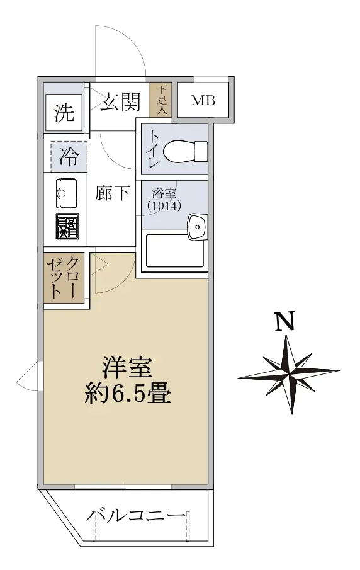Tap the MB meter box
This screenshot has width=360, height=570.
[203, 100]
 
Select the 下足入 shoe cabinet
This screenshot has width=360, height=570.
[160, 100]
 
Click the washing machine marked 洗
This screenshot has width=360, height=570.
[64, 113]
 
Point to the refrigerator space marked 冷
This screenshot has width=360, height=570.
[69, 156]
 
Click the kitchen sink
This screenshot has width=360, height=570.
[66, 193]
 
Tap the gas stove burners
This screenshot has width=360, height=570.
[67, 226]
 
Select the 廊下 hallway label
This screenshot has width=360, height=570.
[112, 193]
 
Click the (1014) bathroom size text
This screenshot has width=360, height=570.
[164, 206]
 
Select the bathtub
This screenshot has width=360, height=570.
[175, 251]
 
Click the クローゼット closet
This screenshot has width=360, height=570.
[64, 278]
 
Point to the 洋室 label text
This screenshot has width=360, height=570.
[128, 368]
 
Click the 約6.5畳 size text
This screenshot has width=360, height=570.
[128, 393]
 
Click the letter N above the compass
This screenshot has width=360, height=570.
[284, 321]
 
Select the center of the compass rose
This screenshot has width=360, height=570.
[289, 373]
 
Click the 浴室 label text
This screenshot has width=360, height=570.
[164, 193]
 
